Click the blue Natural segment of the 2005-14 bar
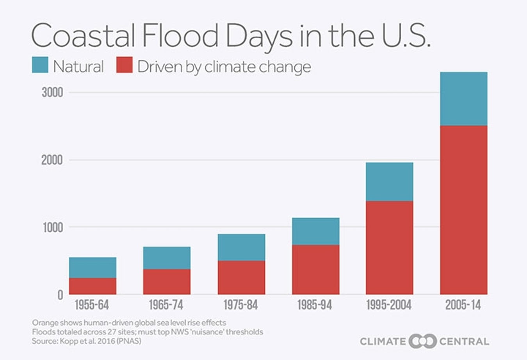click(x=463, y=99)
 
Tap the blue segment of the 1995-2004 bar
click(x=389, y=182)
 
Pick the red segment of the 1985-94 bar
click(x=315, y=270)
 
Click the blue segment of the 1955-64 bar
click(x=93, y=268)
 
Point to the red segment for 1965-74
click(x=167, y=282)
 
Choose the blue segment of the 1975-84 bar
click(x=241, y=247)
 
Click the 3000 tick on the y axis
click(x=52, y=93)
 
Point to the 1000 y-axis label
click(x=52, y=227)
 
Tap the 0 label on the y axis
click(x=60, y=295)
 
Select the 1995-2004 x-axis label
click(x=389, y=305)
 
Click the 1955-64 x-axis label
click(x=92, y=305)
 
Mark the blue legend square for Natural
click(x=40, y=65)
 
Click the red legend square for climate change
click(x=125, y=65)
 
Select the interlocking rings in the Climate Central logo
click(x=422, y=341)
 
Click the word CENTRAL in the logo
click(x=464, y=342)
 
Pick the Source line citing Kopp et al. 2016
click(x=86, y=341)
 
